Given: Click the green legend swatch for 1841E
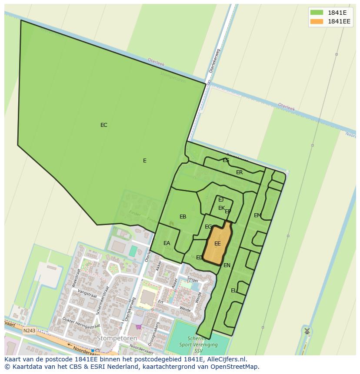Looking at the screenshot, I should pos(317,12).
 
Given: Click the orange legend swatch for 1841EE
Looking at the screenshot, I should pos(317,21).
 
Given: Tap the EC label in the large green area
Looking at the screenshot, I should pos(103,125).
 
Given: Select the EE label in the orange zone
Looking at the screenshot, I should pos(217,244).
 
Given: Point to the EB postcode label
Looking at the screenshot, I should pos(183,217).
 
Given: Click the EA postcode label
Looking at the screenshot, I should pos(167,243).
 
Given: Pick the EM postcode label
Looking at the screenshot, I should pos(257,215).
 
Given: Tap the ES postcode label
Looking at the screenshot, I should pos(226,160).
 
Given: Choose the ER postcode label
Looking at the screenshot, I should pos(239,172).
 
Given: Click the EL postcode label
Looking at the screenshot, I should pos(234,291).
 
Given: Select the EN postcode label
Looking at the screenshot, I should pos(227,265).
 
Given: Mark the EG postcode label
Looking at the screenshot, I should pos(208,227).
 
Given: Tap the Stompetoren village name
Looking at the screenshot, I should pos(117,338).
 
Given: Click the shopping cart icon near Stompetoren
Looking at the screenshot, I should pos(138,327).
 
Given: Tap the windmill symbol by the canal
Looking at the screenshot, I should pos(307,331).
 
